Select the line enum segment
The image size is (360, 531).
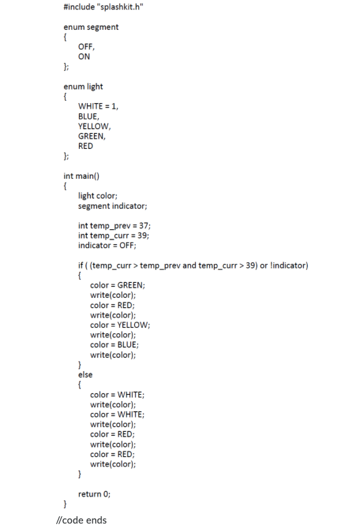[91, 27]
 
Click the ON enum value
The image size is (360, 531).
[84, 57]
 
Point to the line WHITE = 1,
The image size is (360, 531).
[99, 107]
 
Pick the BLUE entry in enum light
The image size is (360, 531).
[88, 116]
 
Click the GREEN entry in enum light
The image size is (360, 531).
[92, 136]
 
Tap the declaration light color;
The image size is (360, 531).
[98, 196]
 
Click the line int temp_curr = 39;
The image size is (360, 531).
[115, 235]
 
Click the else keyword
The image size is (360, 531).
[85, 374]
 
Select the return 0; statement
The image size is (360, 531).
[95, 494]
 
